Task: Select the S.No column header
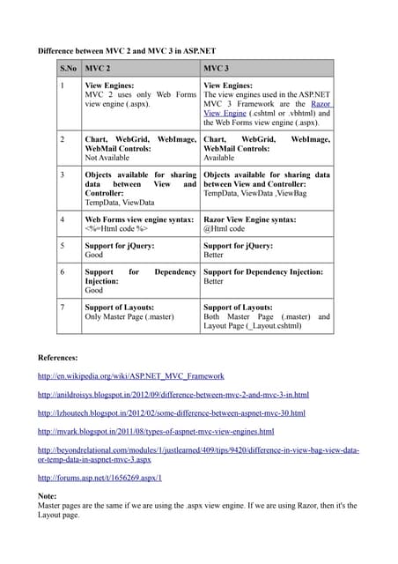(68, 68)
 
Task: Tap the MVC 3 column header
(217, 68)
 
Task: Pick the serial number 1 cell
(62, 84)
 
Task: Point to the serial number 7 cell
(62, 307)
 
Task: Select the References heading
(58, 358)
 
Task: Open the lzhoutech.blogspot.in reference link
(171, 412)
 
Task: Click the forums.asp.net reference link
(99, 478)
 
